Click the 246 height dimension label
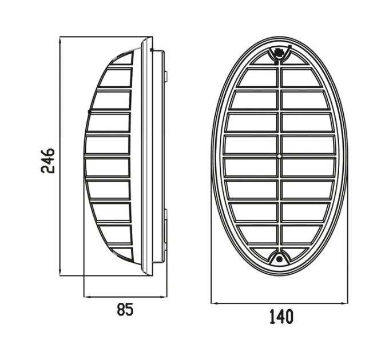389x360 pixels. coord(47,161)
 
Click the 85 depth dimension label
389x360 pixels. coord(125,310)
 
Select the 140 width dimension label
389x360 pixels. coord(281,317)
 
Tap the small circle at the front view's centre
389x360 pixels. coord(279,157)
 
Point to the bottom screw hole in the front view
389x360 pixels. coord(279,259)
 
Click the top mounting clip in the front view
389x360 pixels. coord(279,53)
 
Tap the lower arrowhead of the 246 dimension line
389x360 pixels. coord(60,273)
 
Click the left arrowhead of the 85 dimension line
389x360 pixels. coord(88,297)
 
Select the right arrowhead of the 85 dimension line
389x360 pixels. coord(164,297)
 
